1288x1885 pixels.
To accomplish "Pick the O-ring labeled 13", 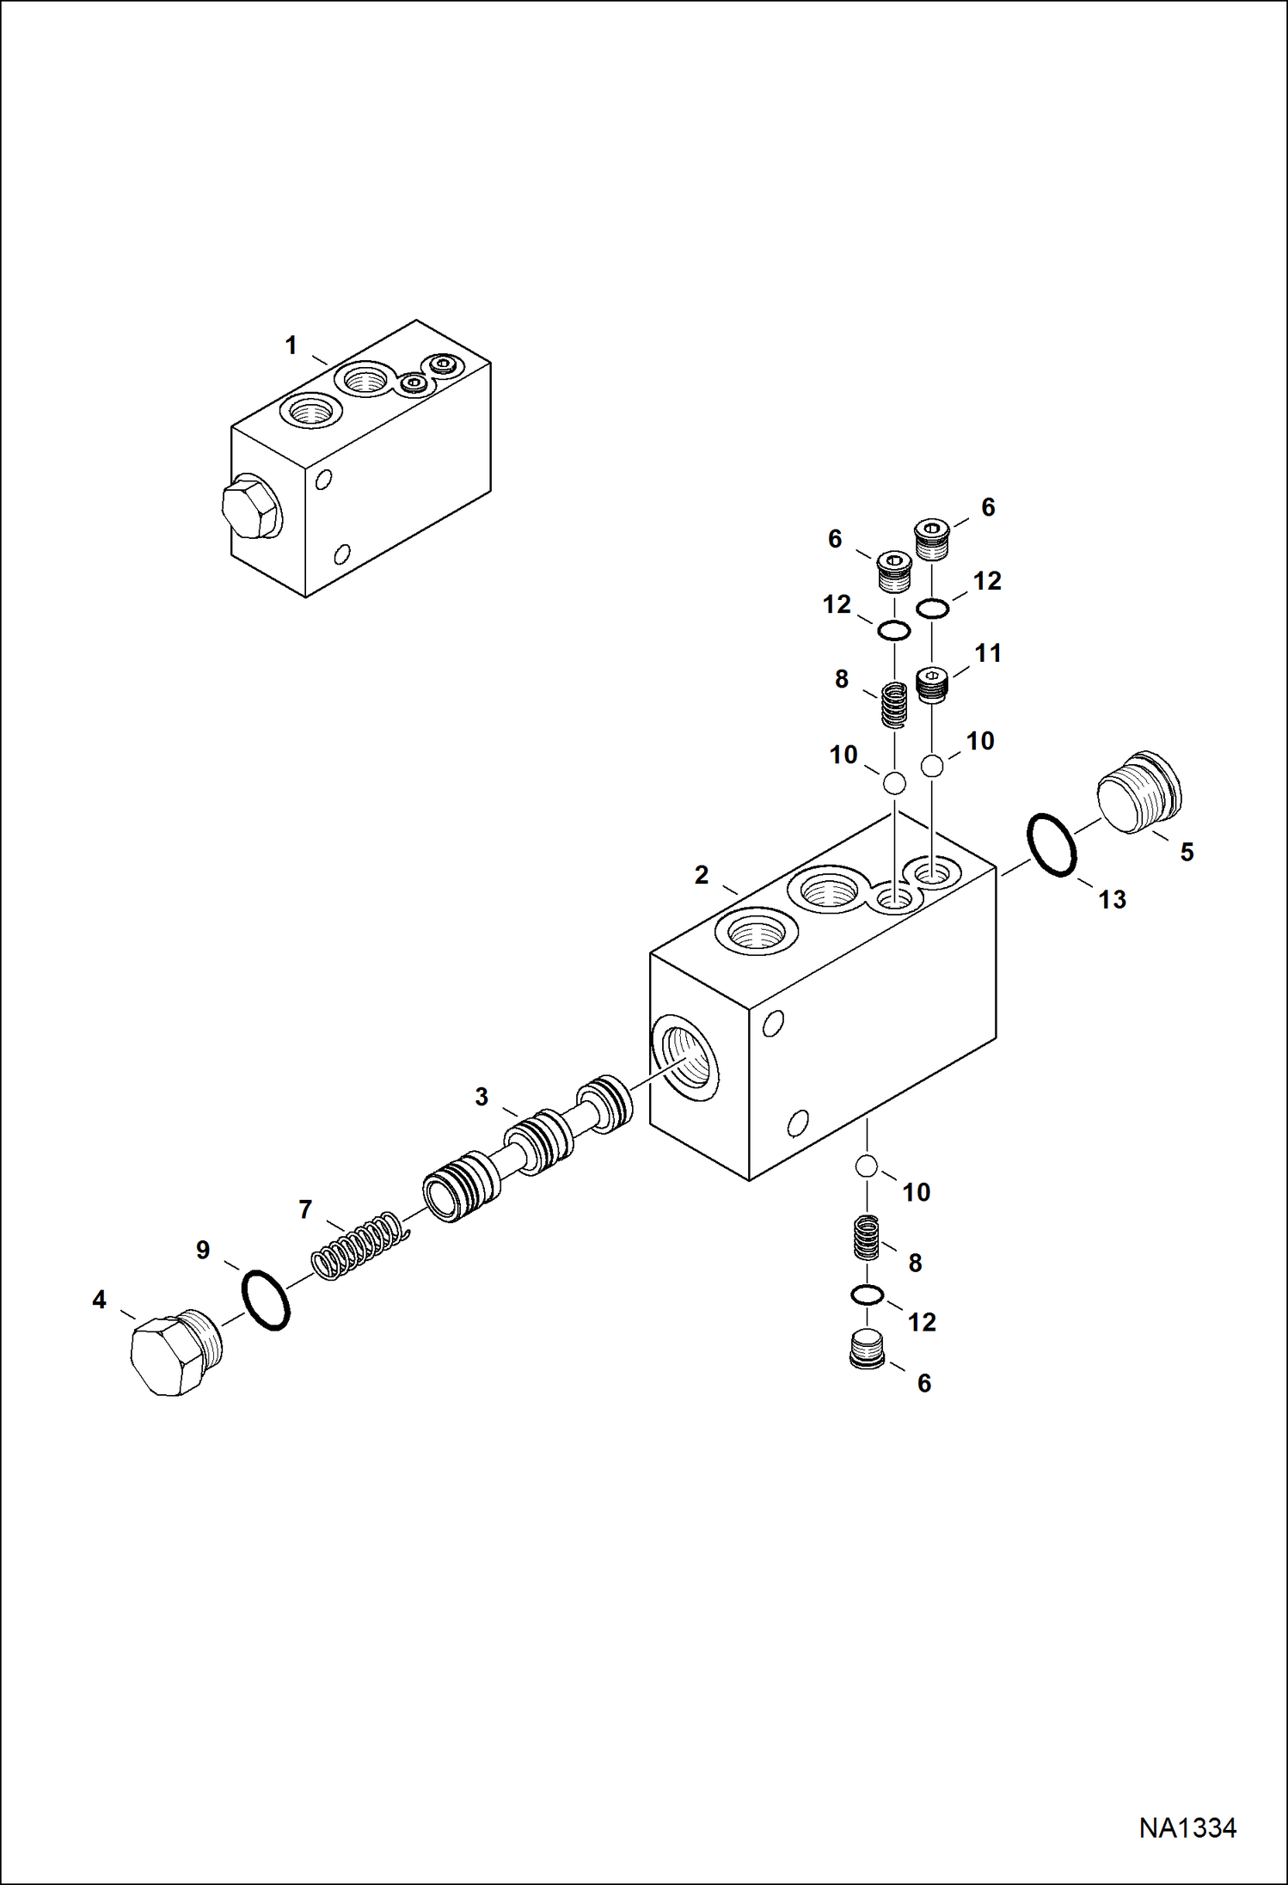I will [x=1051, y=845].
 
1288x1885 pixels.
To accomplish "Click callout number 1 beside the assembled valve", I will [x=291, y=346].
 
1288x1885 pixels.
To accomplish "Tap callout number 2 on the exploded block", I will [x=702, y=875].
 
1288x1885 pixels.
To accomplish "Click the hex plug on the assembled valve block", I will [x=249, y=511].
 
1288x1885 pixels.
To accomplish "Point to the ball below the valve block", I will [x=866, y=1166].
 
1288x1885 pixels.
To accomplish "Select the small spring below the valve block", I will [x=867, y=1238].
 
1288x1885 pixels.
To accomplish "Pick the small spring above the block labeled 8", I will [x=894, y=705].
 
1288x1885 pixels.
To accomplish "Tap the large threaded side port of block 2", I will [x=685, y=1057].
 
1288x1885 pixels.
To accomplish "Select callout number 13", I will [x=1112, y=899].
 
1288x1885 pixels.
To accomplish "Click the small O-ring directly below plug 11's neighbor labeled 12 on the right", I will [x=932, y=609].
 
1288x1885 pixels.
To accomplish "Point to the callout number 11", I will [x=988, y=653].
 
